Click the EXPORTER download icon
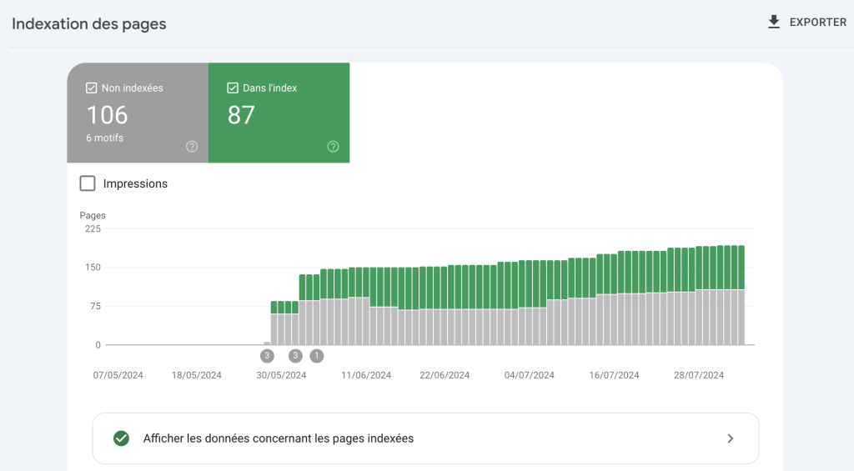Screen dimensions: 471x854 774,22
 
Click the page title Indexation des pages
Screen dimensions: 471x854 89,24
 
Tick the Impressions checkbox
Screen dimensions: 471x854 87,183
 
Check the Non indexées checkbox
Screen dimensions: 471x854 92,88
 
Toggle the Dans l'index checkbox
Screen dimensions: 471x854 233,88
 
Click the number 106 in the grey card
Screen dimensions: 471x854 108,114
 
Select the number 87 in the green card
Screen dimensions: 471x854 241,114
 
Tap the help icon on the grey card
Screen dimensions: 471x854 192,147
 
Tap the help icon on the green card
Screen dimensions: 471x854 334,147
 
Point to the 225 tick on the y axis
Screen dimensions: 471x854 92,229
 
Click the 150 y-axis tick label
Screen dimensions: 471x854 92,268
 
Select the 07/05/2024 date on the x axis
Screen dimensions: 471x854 118,375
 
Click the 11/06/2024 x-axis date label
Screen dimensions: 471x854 366,375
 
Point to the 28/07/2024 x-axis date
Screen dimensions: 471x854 699,375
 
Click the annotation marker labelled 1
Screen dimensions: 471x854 316,356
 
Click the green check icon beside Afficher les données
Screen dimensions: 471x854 122,438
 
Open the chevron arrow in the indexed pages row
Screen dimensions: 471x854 731,438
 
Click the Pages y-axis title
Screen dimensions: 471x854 93,215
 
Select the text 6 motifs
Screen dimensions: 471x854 104,138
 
